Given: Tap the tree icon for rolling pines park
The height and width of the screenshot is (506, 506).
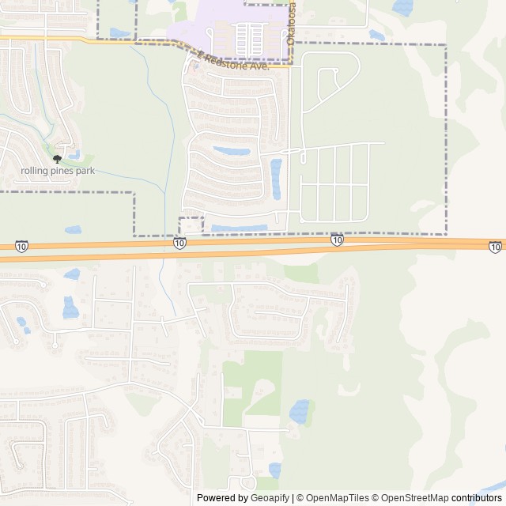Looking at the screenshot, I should (56, 159).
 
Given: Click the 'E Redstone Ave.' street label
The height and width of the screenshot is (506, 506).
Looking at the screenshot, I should (235, 62).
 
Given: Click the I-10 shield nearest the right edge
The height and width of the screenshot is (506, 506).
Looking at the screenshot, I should (495, 247).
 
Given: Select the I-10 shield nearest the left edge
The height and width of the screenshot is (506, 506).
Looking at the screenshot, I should (21, 247).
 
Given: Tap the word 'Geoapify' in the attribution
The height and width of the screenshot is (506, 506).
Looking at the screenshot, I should (270, 498).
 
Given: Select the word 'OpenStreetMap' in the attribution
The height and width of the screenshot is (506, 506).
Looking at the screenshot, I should (413, 498).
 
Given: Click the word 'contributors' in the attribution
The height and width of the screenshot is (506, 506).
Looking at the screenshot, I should (477, 498).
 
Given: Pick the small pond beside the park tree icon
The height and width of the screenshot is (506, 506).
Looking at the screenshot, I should (74, 154).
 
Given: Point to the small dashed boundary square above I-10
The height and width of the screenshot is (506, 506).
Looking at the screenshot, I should (191, 225).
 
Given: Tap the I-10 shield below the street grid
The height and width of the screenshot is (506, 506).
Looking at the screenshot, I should (337, 240).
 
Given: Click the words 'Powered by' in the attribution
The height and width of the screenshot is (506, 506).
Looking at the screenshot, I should (221, 498).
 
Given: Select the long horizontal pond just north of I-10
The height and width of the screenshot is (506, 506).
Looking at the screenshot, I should (239, 228).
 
